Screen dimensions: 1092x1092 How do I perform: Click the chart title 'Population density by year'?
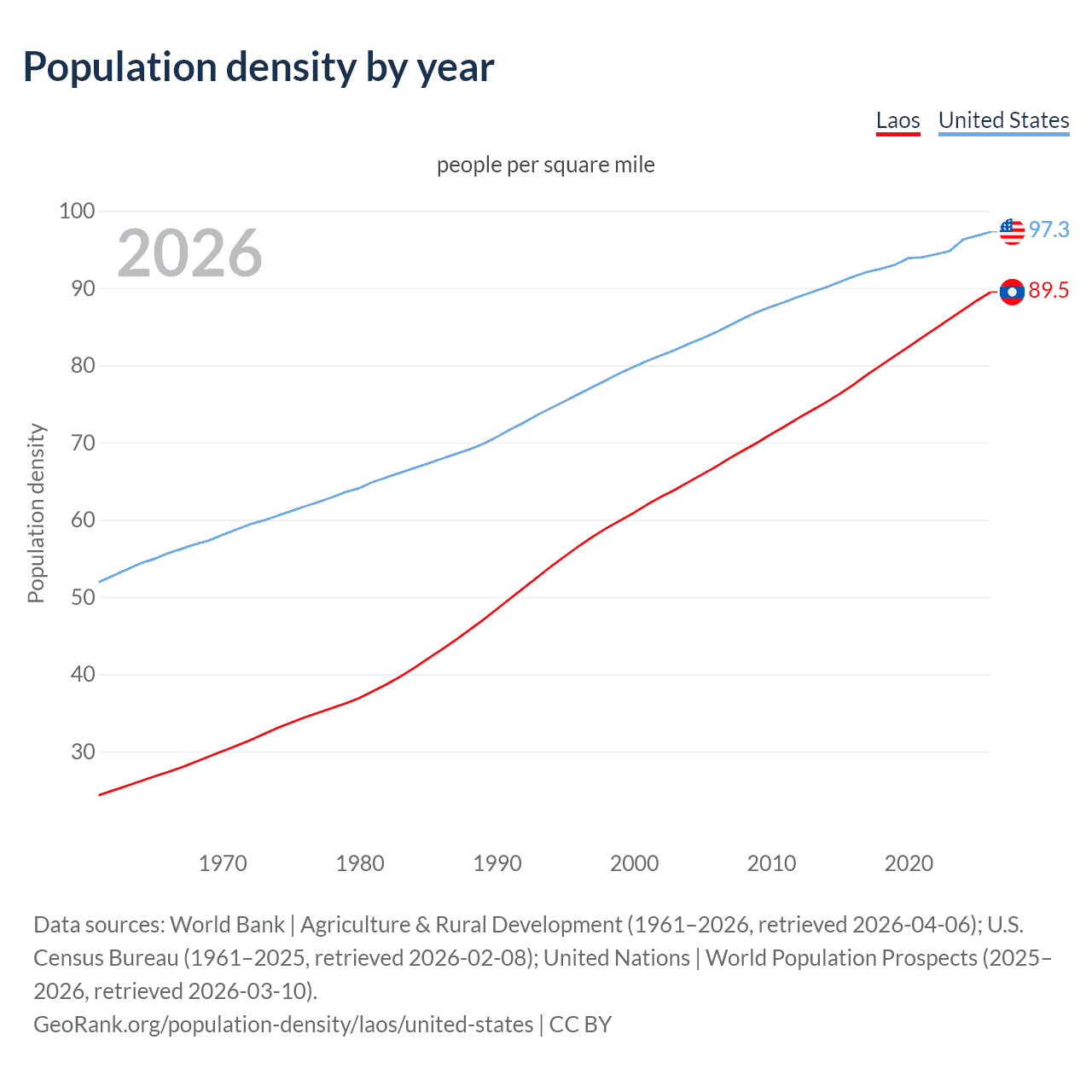pyautogui.click(x=258, y=67)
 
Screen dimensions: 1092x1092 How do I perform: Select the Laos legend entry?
pyautogui.click(x=897, y=120)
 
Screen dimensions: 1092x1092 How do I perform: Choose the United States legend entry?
pyautogui.click(x=1003, y=120)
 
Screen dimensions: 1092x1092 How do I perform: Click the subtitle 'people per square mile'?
pyautogui.click(x=545, y=165)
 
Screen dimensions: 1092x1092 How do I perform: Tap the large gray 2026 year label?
pyautogui.click(x=189, y=253)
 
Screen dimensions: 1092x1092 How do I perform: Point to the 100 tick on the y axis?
pyautogui.click(x=77, y=211)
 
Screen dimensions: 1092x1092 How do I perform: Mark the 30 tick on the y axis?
pyautogui.click(x=83, y=752)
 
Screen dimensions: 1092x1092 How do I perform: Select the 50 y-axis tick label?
pyautogui.click(x=83, y=597)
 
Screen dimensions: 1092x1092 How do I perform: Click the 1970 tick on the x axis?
pyautogui.click(x=223, y=863)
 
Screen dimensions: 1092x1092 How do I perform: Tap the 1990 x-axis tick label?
pyautogui.click(x=497, y=863)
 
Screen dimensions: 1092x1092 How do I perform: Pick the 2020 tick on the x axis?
pyautogui.click(x=909, y=863)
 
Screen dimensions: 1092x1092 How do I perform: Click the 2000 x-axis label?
pyautogui.click(x=634, y=863)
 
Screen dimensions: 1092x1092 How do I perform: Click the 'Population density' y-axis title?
pyautogui.click(x=36, y=514)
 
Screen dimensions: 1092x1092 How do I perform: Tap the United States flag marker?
pyautogui.click(x=1012, y=230)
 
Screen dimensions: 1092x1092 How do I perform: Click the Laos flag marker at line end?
pyautogui.click(x=1012, y=292)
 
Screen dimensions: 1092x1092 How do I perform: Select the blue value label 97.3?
pyautogui.click(x=1048, y=229)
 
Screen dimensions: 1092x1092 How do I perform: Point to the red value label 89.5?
pyautogui.click(x=1048, y=291)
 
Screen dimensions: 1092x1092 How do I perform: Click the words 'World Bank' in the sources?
pyautogui.click(x=227, y=925)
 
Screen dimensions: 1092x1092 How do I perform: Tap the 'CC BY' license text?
pyautogui.click(x=580, y=1025)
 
